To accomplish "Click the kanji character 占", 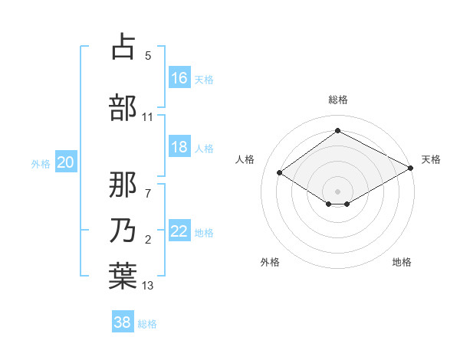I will tap(123, 48).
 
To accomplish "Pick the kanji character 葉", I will tap(123, 275).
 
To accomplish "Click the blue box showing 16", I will tap(179, 77).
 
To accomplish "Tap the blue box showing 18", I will tap(179, 147).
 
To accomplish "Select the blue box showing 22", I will tap(179, 231).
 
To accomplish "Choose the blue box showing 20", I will tap(66, 162).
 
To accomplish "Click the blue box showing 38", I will tap(123, 322).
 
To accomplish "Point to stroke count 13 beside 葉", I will tap(148, 286).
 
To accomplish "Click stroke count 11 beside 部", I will tap(148, 117).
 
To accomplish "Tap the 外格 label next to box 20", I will tap(41, 162).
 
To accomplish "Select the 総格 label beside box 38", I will tap(147, 324).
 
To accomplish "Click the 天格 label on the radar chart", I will tap(431, 159).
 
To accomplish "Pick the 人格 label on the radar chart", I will tap(245, 159).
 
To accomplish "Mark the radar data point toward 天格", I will tap(411, 169).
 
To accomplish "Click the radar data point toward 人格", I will tap(280, 173).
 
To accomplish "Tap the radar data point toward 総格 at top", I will tap(337, 130).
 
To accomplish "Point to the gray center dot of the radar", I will tap(337, 190).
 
